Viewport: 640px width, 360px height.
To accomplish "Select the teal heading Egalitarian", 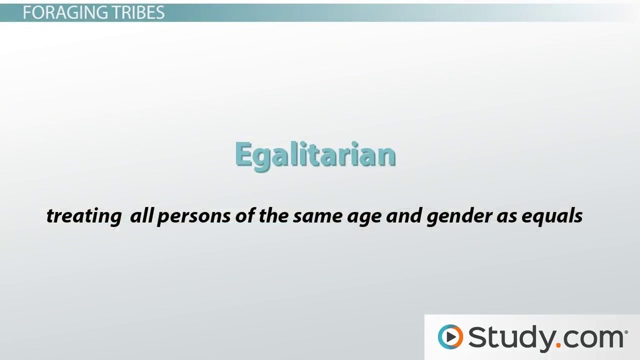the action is pos(315,155).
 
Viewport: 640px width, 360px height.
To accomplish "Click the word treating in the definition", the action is pos(84,216).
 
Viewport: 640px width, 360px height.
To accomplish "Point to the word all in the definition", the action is pos(141,215).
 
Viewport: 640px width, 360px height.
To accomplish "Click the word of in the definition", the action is pos(245,215).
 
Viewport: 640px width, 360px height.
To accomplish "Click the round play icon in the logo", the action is pos(451,337).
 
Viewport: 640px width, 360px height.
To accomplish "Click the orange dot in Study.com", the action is pos(559,345).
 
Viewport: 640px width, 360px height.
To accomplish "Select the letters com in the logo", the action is pos(594,339).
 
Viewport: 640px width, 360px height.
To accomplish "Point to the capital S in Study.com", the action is pos(478,337).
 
